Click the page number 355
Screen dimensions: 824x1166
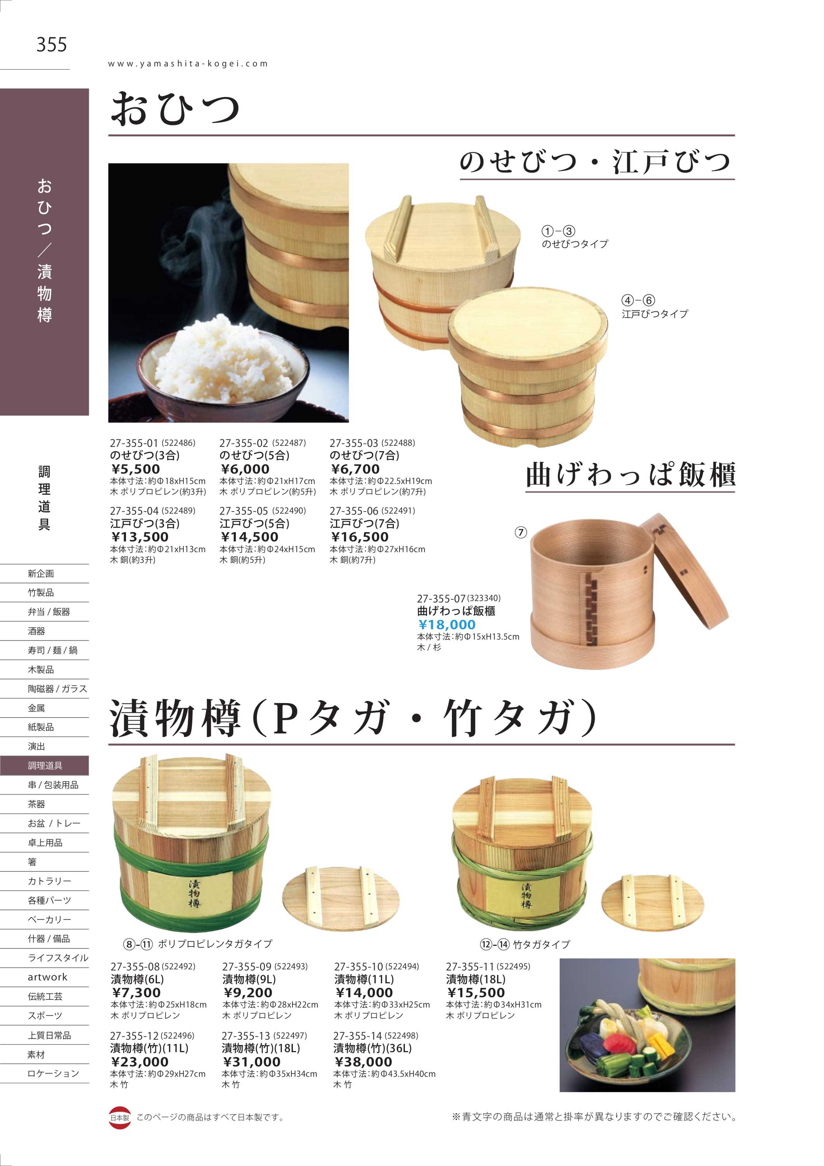(x=51, y=45)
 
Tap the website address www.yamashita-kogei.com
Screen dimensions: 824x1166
(x=188, y=64)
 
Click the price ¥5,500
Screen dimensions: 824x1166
(x=136, y=469)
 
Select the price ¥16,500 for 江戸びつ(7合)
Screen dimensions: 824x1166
(x=359, y=537)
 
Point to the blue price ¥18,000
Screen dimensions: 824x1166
(x=447, y=625)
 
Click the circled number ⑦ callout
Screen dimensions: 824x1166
(x=521, y=532)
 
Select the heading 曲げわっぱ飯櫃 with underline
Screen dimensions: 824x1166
(x=631, y=475)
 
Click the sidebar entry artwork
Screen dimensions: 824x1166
(x=48, y=977)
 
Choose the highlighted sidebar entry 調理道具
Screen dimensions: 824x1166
(x=45, y=765)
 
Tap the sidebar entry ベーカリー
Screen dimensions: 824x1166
(x=49, y=919)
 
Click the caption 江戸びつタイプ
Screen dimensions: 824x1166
(x=655, y=314)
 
